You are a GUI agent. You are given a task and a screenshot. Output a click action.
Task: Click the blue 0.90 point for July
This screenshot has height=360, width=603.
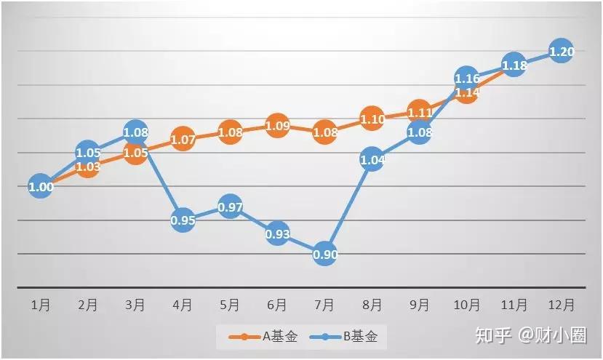click(x=324, y=254)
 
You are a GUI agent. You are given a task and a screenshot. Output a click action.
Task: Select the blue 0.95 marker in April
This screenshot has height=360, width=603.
click(x=183, y=220)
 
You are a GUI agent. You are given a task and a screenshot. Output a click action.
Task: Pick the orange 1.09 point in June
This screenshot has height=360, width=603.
click(x=277, y=125)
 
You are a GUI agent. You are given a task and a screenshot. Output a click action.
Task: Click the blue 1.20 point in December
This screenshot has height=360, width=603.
click(x=561, y=52)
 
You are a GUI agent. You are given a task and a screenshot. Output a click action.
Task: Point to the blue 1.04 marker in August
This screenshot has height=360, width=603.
click(x=372, y=159)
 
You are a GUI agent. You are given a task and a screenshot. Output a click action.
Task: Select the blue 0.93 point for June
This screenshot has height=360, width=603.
click(x=277, y=233)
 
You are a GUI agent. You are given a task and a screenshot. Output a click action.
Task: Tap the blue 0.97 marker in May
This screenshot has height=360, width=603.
click(x=230, y=207)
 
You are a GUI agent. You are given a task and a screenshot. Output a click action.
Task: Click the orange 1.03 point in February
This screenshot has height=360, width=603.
click(x=88, y=167)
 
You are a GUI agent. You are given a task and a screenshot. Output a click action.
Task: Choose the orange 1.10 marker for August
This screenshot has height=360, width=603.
click(x=372, y=119)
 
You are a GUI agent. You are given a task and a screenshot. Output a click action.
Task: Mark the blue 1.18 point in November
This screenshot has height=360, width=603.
click(x=514, y=65)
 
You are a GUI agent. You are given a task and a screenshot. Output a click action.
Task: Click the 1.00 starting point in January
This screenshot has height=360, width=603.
click(x=41, y=187)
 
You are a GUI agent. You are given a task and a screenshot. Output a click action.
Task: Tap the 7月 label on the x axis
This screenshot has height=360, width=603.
click(x=324, y=305)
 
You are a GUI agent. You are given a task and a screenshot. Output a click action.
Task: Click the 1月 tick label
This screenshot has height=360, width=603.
click(x=41, y=305)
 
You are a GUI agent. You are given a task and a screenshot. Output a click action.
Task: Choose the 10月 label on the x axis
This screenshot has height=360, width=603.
click(x=466, y=305)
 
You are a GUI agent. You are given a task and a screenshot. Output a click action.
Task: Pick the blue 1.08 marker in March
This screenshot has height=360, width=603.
click(x=135, y=133)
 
